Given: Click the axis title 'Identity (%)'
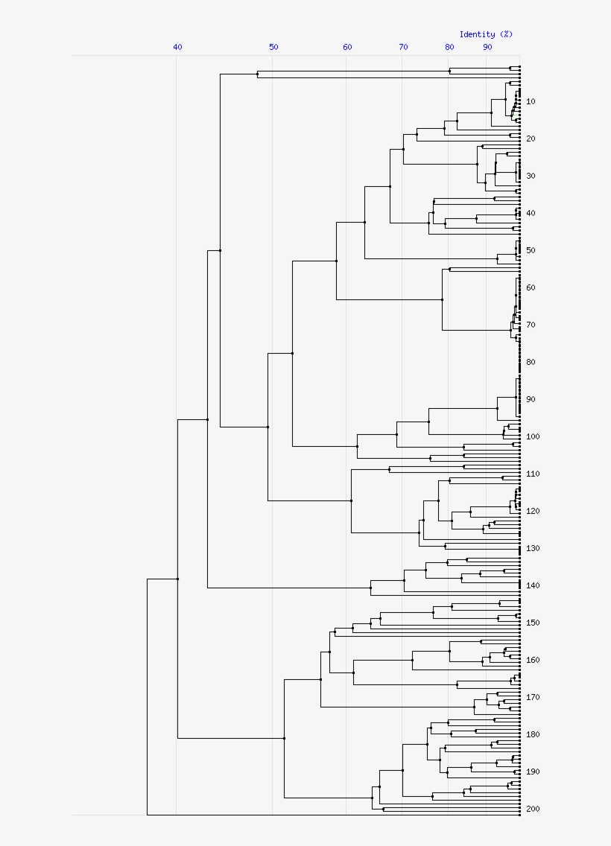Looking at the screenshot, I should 486,34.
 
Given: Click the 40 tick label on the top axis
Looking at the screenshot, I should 177,47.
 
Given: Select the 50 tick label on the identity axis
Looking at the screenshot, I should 273,47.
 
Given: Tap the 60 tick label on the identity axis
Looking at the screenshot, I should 347,47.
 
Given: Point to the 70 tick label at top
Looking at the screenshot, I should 403,47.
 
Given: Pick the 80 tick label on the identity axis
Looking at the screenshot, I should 449,47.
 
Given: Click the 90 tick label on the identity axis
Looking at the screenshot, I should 487,47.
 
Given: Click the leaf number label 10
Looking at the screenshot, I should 530,101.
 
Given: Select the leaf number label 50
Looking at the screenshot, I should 530,250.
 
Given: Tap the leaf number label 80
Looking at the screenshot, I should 530,362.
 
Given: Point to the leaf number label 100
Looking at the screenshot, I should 532,436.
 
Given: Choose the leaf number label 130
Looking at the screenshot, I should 532,548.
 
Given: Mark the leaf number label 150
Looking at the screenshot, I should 532,623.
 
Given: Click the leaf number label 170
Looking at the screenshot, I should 532,697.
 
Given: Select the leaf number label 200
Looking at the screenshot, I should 532,809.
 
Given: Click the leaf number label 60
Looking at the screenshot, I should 530,287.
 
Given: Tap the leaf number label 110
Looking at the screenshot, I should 532,474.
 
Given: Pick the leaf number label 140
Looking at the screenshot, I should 532,585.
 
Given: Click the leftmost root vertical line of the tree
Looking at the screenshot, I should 148,696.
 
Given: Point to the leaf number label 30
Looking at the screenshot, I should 530,176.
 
